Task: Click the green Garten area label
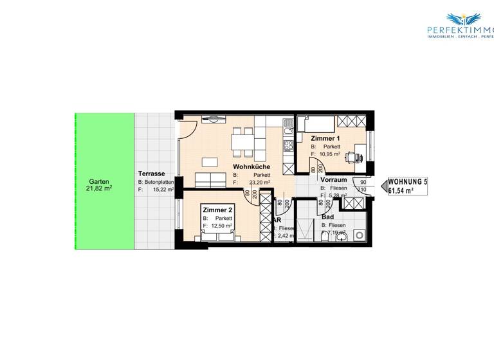point(99,182)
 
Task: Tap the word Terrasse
point(152,174)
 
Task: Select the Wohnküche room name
point(251,166)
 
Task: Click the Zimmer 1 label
point(325,138)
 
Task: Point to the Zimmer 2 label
point(217,210)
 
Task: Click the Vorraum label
point(334,180)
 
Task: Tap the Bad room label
point(327,217)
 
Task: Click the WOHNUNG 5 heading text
point(407,182)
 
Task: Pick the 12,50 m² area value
point(221,226)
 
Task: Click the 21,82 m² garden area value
point(100,190)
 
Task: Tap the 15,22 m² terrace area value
point(160,190)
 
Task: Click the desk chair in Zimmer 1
point(352,155)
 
